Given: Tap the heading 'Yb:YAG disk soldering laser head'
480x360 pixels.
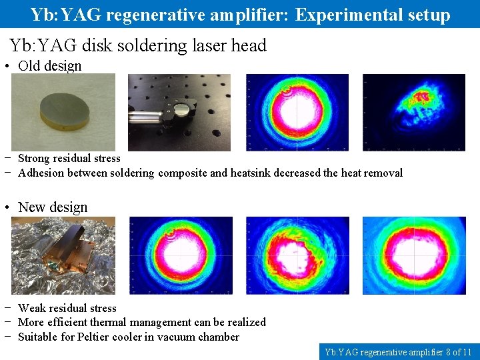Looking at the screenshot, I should (138, 45).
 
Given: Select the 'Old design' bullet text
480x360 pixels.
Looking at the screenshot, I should (49, 66).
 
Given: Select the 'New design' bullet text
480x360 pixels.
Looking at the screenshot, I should (53, 207).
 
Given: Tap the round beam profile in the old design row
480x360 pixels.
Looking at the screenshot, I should (297, 111).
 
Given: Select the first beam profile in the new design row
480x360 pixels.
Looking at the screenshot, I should (181, 255).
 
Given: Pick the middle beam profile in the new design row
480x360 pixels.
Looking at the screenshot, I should (297, 255).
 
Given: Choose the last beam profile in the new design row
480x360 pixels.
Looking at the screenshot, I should (413, 255).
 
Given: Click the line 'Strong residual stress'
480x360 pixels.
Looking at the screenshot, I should (69, 159).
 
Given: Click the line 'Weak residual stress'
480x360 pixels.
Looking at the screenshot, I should (67, 308).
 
